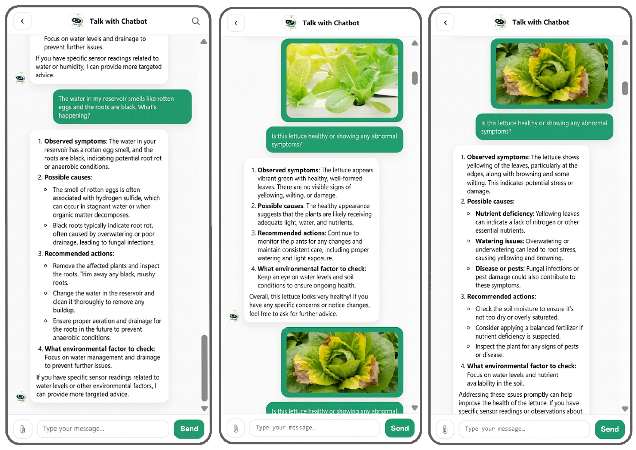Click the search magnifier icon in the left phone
pyautogui.click(x=196, y=21)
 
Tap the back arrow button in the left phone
pyautogui.click(x=23, y=21)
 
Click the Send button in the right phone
pyautogui.click(x=610, y=429)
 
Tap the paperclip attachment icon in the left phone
pyautogui.click(x=23, y=429)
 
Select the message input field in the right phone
pyautogui.click(x=524, y=429)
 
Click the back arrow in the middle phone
pyautogui.click(x=236, y=23)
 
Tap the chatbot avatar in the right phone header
pyautogui.click(x=499, y=22)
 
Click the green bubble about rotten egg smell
pyautogui.click(x=122, y=107)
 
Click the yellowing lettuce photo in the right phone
pyautogui.click(x=552, y=74)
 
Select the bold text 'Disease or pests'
pyautogui.click(x=499, y=268)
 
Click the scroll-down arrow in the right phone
pyautogui.click(x=625, y=409)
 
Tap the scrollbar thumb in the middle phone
pyautogui.click(x=415, y=78)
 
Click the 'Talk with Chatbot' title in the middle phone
pyautogui.click(x=331, y=23)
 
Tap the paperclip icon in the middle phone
pyautogui.click(x=236, y=428)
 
